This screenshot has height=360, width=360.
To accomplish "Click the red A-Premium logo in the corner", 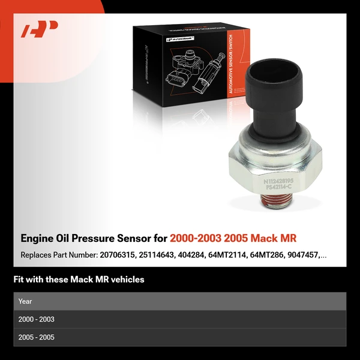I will pyautogui.click(x=39, y=29).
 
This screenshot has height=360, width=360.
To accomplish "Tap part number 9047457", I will pyautogui.click(x=300, y=255).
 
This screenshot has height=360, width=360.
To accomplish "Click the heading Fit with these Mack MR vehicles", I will pyautogui.click(x=79, y=280).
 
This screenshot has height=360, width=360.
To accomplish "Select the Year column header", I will pyautogui.click(x=25, y=301).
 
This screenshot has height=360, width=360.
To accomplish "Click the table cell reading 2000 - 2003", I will pyautogui.click(x=37, y=319).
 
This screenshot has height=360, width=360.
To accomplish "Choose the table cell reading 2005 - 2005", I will pyautogui.click(x=37, y=337).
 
